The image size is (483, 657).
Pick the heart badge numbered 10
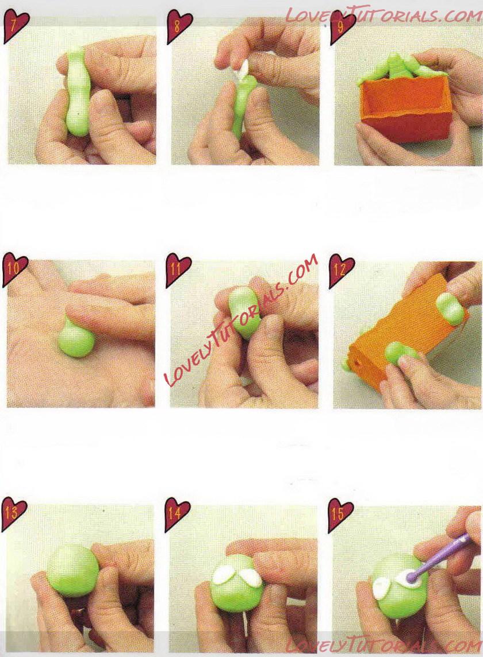point(15,269)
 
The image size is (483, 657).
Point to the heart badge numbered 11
point(178,269)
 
